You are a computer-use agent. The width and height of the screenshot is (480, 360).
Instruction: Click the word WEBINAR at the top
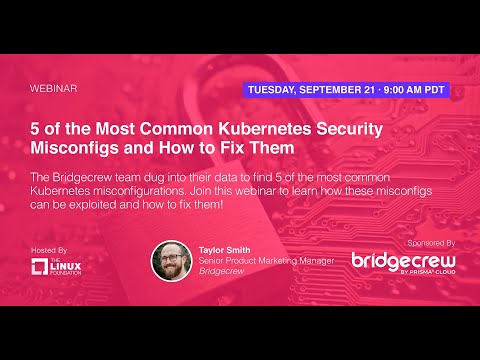pyautogui.click(x=55, y=88)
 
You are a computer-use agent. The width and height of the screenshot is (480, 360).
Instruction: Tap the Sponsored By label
pyautogui.click(x=431, y=243)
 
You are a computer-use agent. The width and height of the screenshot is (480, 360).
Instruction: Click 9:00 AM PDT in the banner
pyautogui.click(x=413, y=88)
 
